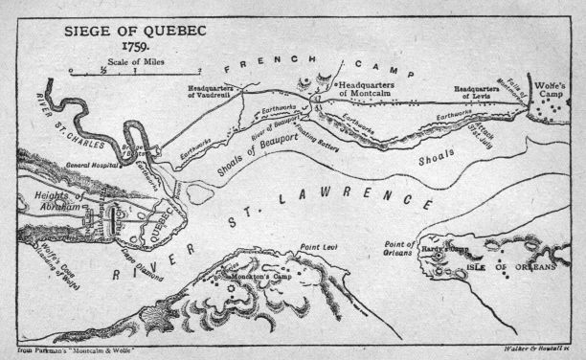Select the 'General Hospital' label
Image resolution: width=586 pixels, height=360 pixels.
point(71,164)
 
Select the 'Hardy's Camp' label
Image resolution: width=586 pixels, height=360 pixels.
point(441,248)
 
